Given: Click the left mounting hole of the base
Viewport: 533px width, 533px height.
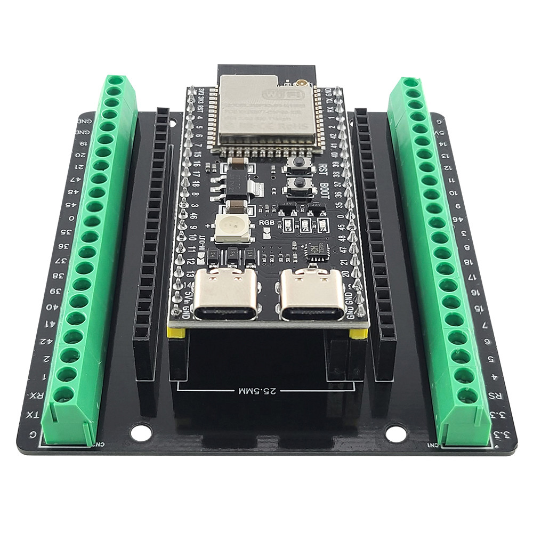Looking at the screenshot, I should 141,432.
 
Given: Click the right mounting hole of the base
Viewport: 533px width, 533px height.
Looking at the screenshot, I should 395,433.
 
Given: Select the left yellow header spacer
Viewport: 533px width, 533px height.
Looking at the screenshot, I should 176,333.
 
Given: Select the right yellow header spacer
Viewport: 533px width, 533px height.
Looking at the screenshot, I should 358,335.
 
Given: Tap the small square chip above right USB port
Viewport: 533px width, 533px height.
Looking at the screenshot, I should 315,249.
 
